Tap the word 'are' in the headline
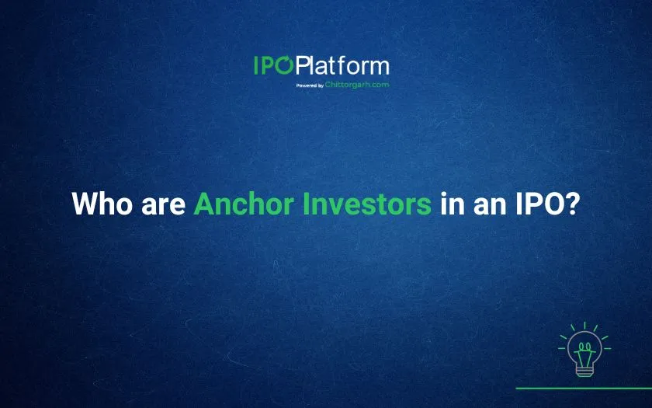pos(164,206)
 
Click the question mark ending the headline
pos(569,203)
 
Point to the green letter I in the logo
pos(256,65)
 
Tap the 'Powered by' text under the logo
pos(310,85)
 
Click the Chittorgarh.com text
pos(357,85)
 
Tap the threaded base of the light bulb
pos(584,370)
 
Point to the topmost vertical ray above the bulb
pos(584,325)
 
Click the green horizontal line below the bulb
pos(584,389)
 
